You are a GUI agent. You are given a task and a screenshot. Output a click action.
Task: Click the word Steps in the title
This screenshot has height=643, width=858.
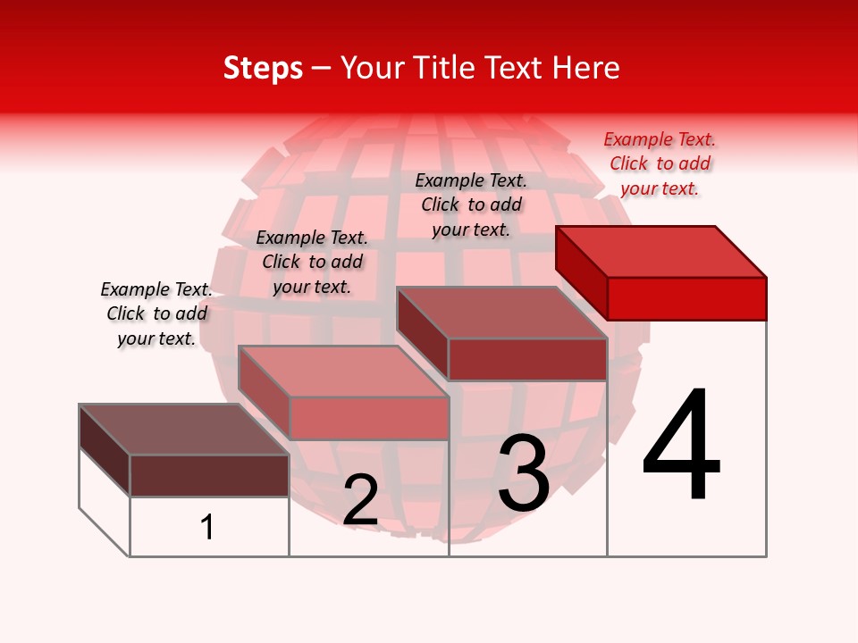pos(263,68)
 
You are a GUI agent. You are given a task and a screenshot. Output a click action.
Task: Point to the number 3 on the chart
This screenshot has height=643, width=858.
pos(524,473)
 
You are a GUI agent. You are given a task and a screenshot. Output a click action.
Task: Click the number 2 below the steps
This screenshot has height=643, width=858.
pos(360,501)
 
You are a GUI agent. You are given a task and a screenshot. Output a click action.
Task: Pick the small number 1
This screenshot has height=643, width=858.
pos(206,527)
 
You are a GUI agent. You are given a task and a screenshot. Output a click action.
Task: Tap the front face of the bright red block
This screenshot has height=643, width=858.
pos(686,298)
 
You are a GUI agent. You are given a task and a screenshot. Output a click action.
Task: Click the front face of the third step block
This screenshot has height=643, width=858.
pos(527,359)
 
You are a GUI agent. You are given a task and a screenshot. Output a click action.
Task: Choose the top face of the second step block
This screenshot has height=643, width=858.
pos(343,372)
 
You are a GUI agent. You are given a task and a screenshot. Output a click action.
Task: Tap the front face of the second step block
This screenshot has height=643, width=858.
pos(368,418)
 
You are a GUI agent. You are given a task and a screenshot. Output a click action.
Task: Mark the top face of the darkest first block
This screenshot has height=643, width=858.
pos(184,430)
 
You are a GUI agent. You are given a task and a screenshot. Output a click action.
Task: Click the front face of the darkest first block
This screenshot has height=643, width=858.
pos(209,475)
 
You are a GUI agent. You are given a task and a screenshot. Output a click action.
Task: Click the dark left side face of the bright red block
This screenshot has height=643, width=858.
pos(581,271)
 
